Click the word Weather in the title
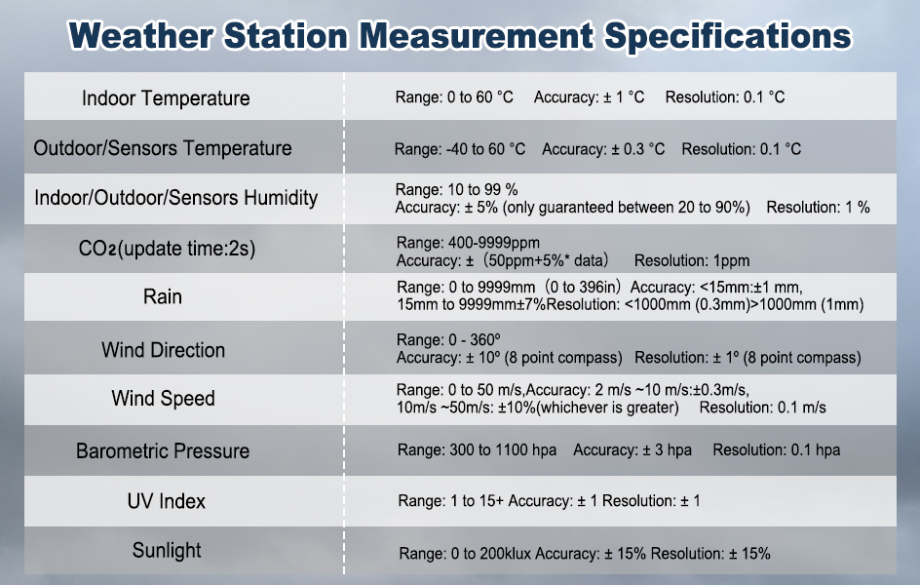140,35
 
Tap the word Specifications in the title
728,36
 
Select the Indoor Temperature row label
166,98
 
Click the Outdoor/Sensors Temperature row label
163,148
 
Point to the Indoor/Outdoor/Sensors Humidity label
176,198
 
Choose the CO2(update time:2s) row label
168,249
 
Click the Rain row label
163,297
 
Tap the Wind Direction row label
163,350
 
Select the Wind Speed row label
163,399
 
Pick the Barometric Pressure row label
163,451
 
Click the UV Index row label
167,502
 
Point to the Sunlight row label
167,550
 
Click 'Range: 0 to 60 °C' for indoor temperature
454,97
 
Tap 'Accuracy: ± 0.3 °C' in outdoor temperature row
603,149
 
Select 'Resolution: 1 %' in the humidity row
818,207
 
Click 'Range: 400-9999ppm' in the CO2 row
468,243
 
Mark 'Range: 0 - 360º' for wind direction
448,339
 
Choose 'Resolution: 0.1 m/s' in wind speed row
763,408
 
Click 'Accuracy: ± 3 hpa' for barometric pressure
632,450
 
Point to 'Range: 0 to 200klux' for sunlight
465,554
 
